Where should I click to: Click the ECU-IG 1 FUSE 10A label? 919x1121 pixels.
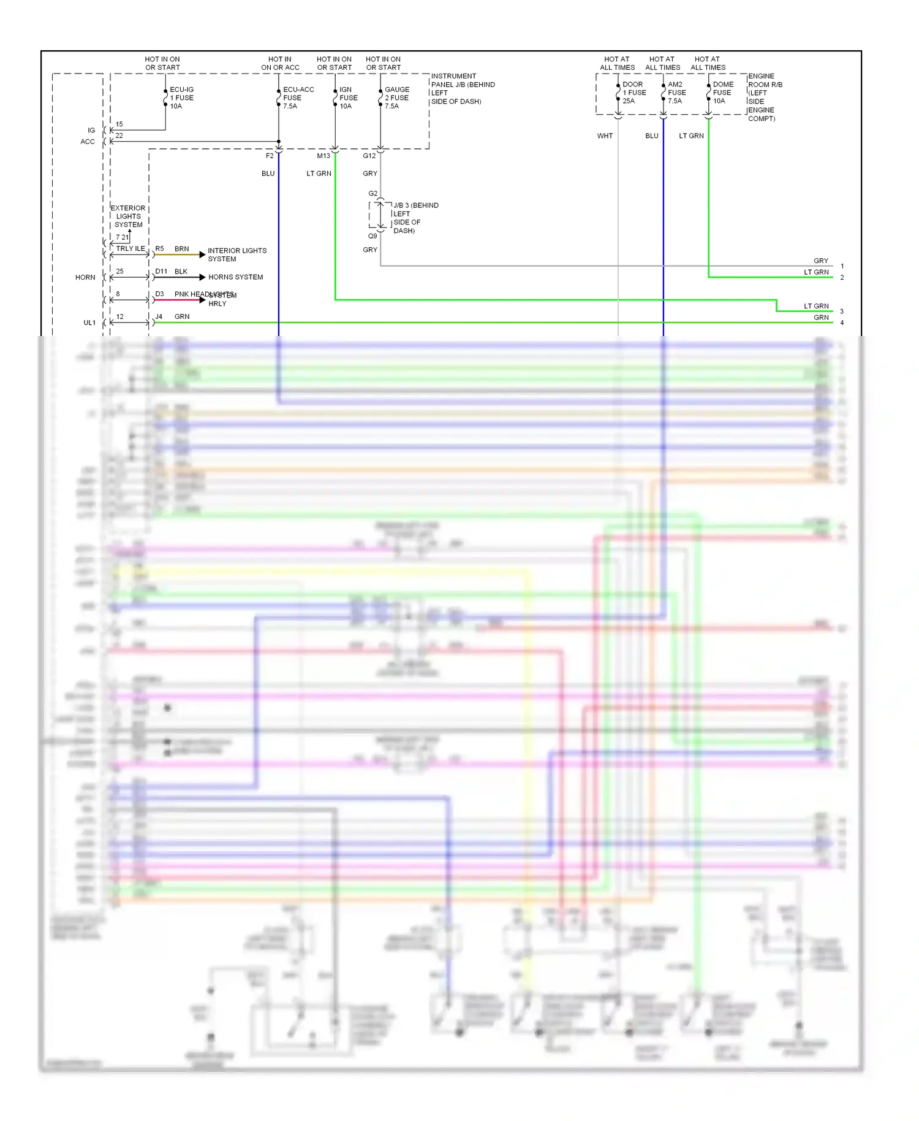[x=181, y=98]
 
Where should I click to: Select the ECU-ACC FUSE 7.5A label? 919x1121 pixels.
[x=298, y=98]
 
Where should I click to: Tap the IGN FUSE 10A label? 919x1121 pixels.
[x=348, y=98]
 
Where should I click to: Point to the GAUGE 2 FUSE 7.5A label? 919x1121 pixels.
[x=396, y=98]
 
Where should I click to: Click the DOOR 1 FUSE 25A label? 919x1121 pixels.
[x=634, y=93]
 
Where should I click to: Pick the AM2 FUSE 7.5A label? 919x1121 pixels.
[x=676, y=93]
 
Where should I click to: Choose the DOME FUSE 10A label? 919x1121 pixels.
[x=722, y=93]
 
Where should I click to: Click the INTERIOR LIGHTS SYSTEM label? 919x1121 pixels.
[x=236, y=254]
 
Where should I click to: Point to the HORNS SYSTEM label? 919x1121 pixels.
[x=235, y=277]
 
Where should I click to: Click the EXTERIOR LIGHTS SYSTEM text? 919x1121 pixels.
[x=128, y=216]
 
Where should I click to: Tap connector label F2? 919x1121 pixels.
[x=270, y=156]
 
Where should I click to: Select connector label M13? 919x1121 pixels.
[x=323, y=156]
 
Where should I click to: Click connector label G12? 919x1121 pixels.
[x=369, y=156]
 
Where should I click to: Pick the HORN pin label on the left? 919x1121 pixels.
[x=85, y=277]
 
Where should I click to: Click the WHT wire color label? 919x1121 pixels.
[x=605, y=136]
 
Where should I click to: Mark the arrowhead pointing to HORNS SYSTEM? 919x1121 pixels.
[x=202, y=277]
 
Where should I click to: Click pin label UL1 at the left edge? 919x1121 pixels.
[x=89, y=323]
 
